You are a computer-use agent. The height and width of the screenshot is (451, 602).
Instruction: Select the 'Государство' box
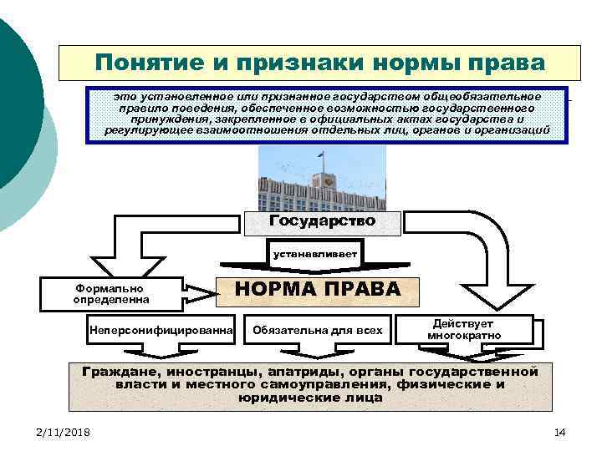pos(322,221)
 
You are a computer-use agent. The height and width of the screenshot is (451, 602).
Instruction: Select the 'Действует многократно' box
pos(463,329)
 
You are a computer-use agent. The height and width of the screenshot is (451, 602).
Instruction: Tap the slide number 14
pos(559,431)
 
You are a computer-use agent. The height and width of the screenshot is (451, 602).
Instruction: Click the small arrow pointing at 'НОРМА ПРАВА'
pos(199,291)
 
